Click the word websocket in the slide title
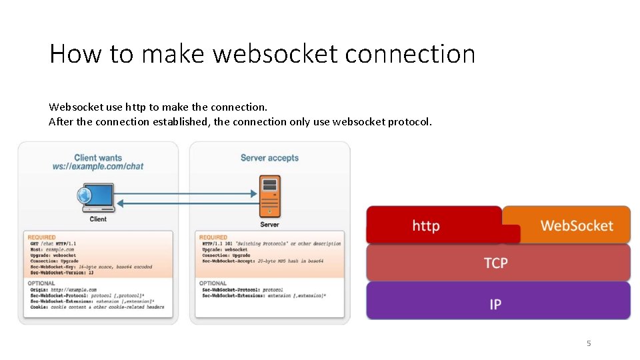pos(275,53)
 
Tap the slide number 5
pos(589,343)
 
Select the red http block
pos(426,225)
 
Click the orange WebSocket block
pos(577,225)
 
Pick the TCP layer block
pos(496,263)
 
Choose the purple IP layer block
pos(495,304)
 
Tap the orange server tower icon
pos(269,196)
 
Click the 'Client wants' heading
pos(98,158)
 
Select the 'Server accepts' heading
pos(269,158)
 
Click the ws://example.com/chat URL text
pos(98,167)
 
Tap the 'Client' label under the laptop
pos(98,219)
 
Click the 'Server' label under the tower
pos(269,225)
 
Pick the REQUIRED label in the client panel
pos(43,237)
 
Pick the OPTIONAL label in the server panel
pos(213,283)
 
